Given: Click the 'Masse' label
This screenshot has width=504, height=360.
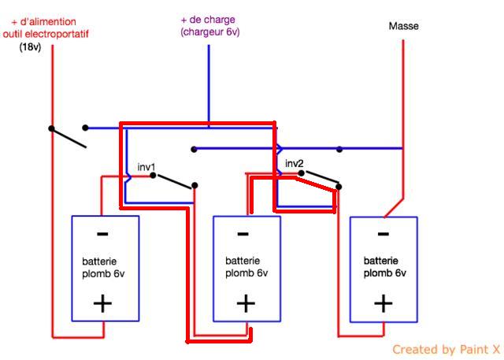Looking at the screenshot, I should pos(403,26).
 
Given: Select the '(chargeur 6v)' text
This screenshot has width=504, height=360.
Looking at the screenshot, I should pos(209,32).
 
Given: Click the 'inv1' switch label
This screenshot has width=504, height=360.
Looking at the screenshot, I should pos(146,167).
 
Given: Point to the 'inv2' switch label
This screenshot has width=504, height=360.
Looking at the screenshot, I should pos(294,164).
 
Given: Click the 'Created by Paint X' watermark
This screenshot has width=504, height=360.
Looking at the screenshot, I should pos(446,349).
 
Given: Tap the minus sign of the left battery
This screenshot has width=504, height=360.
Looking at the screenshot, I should pos(102,234).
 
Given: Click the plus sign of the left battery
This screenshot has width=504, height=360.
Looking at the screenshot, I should pos(102,303).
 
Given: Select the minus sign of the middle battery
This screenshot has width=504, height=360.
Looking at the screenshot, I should pos(243,234).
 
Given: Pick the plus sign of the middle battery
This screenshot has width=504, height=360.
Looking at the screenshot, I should pos(246,303).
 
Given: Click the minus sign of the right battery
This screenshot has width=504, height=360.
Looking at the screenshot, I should pos(383,234).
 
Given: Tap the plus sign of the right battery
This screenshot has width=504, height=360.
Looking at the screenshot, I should pos(383,303).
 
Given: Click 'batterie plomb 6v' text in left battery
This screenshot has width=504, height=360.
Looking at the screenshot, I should pos(103,268).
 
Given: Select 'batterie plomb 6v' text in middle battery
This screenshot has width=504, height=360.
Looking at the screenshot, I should pos(246,267).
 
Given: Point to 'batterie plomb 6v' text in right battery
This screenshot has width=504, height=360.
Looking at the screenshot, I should pos(385,267).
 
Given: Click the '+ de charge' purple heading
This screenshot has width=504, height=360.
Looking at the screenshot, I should pos(208,20).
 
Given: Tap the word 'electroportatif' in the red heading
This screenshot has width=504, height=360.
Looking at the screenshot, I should pos(66,34).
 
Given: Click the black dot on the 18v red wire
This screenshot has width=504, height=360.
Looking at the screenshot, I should pos(52,128).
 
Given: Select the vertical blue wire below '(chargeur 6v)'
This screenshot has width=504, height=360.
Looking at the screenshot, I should pos(209,83).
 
